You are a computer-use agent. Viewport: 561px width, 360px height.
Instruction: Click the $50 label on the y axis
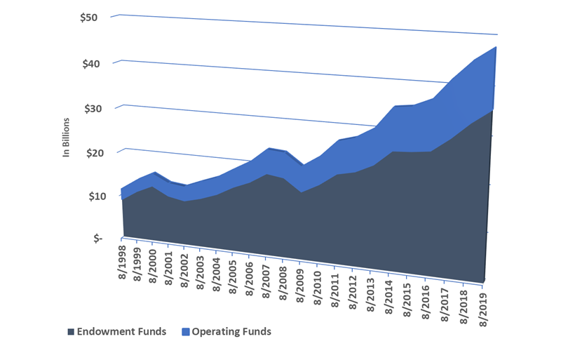click(89, 17)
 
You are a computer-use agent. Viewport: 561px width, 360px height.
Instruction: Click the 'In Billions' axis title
click(67, 137)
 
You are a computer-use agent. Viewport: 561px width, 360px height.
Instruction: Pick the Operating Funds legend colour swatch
click(186, 332)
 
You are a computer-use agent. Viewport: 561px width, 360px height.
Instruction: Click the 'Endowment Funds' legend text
click(121, 332)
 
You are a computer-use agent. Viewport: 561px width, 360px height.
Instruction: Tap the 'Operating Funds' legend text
click(231, 332)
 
